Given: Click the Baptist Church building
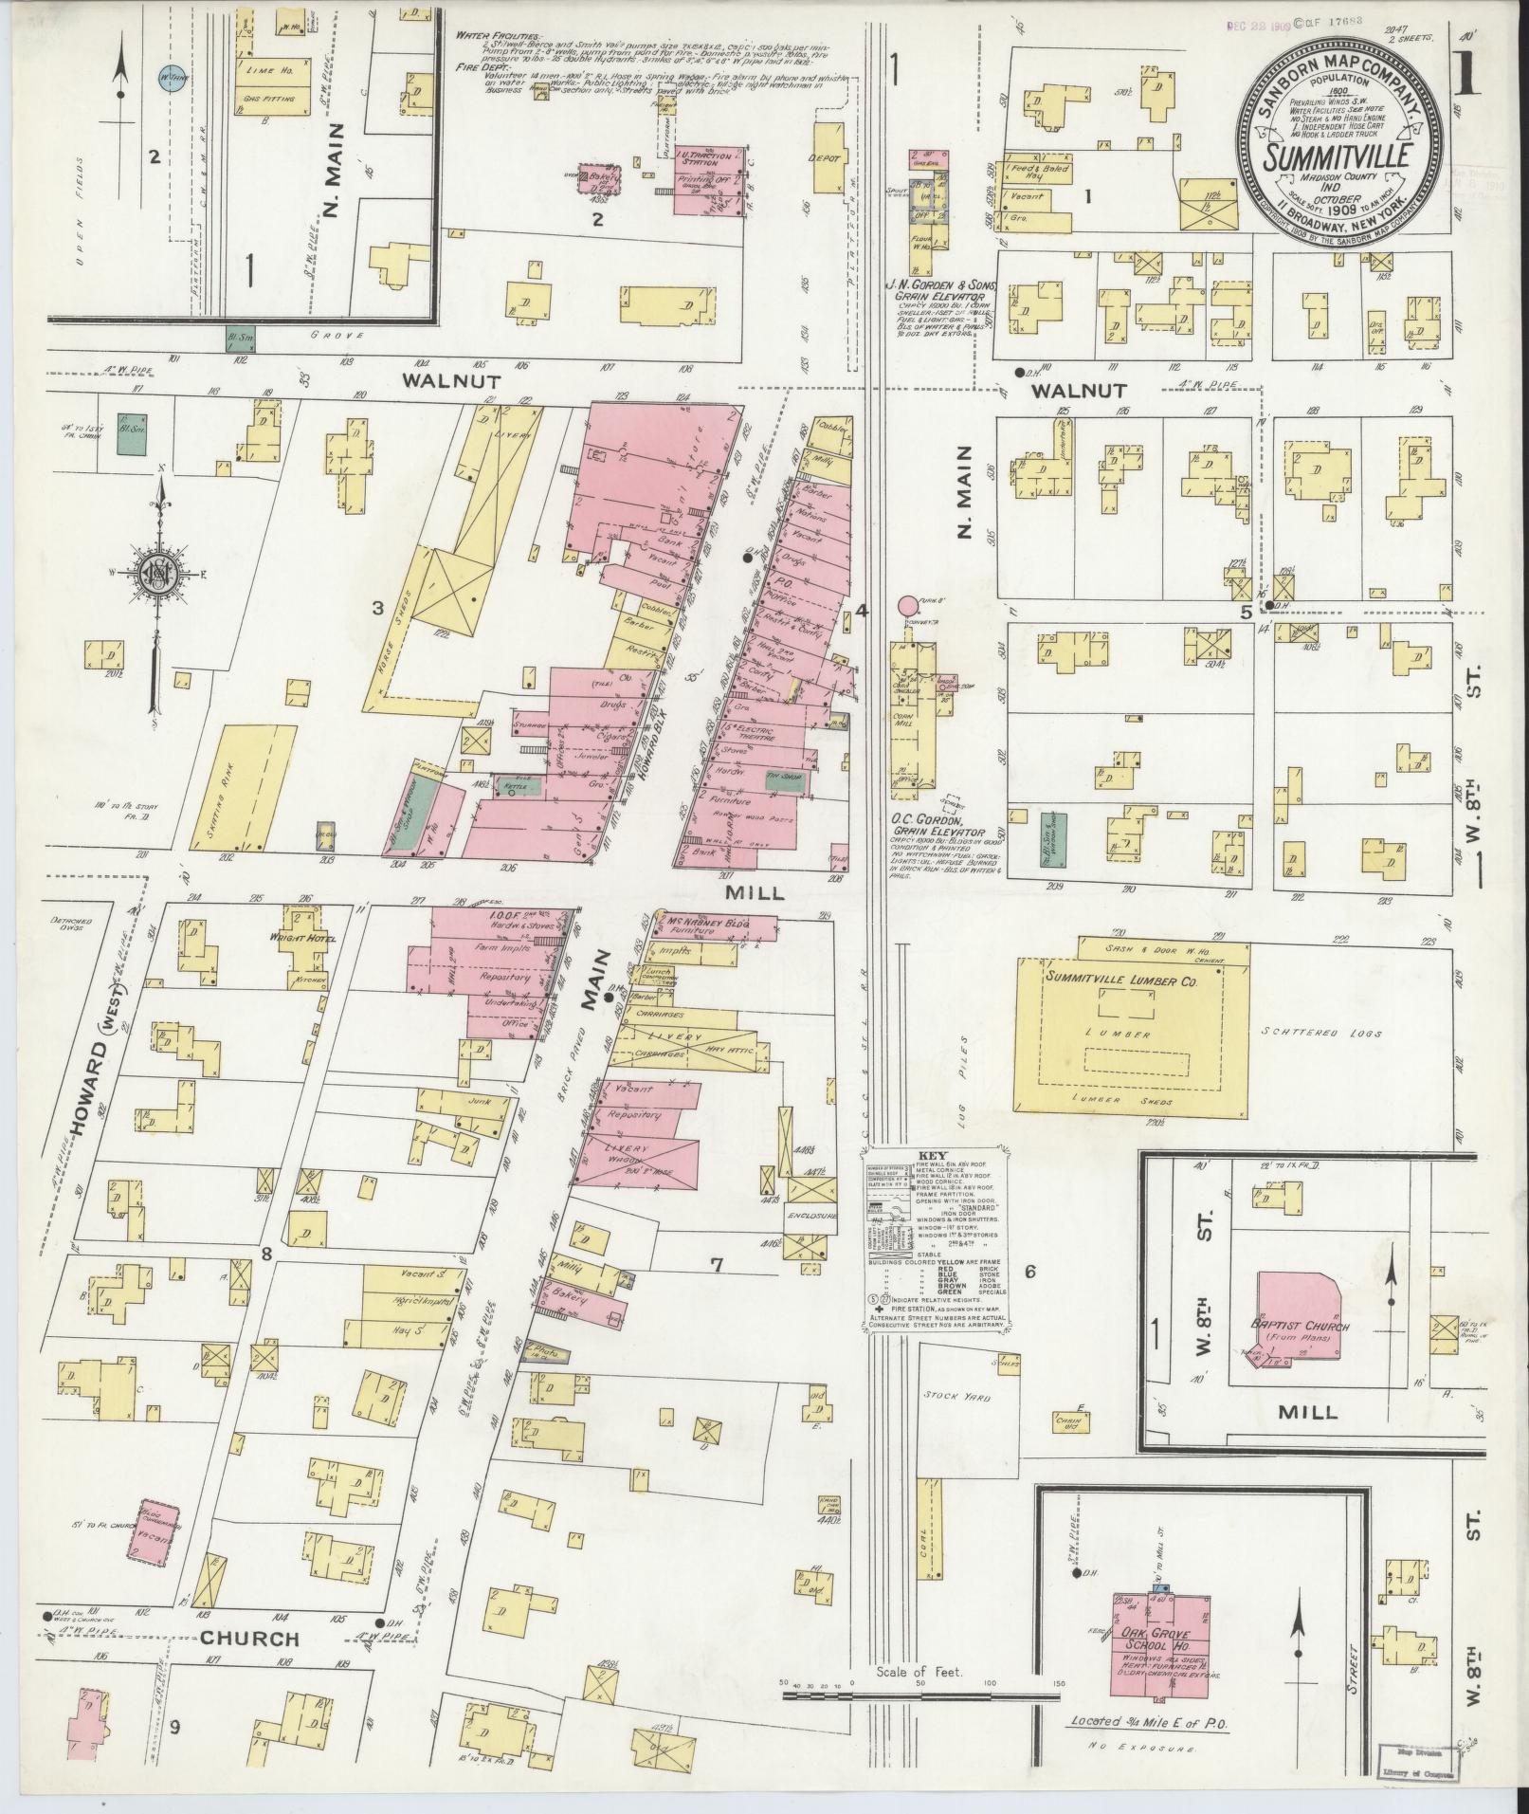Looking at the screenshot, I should (x=1301, y=1327).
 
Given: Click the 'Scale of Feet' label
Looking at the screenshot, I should (x=919, y=1697).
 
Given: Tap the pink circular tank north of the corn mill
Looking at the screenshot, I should (x=908, y=604).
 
